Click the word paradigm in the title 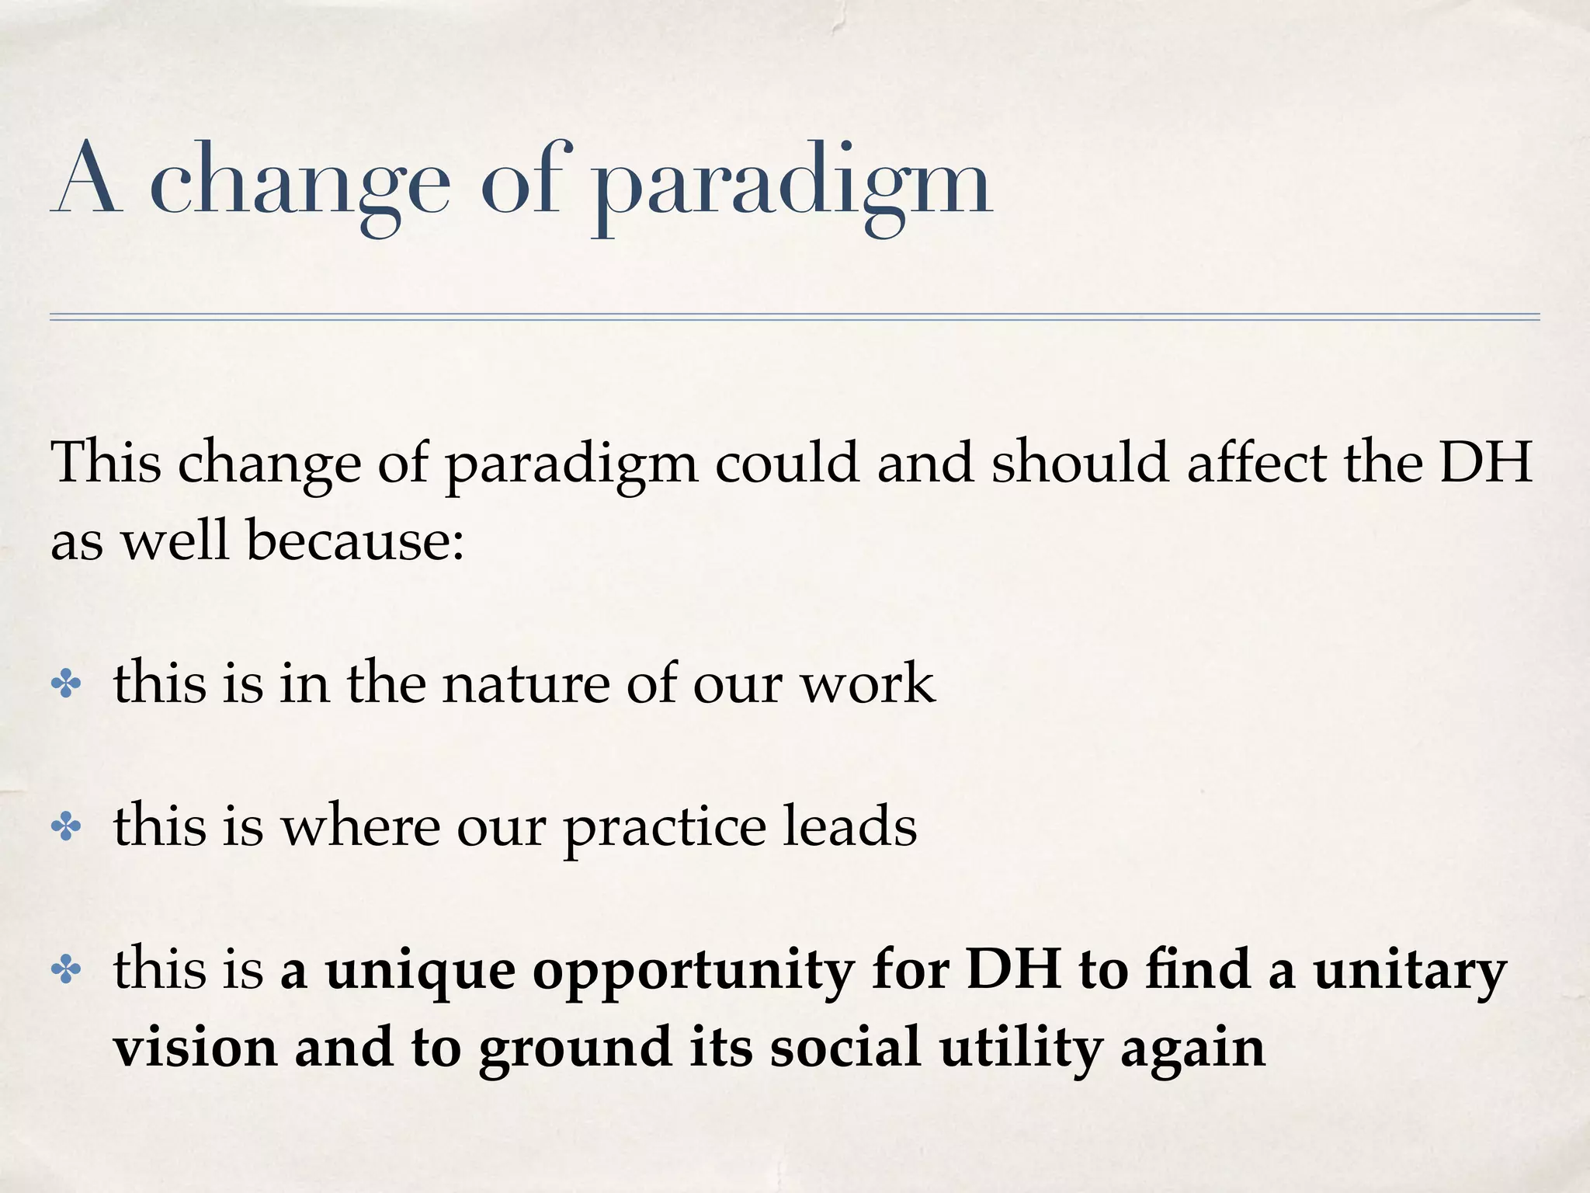click(x=792, y=186)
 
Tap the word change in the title click(x=299, y=183)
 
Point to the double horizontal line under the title click(x=793, y=316)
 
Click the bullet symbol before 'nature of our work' click(x=66, y=684)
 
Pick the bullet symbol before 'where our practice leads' click(x=66, y=827)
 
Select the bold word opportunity click(x=693, y=973)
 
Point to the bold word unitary click(x=1409, y=973)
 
